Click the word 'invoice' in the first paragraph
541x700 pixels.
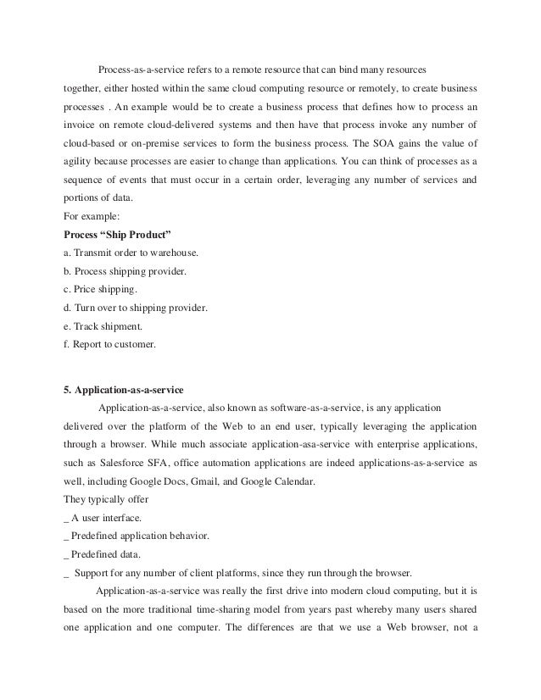point(80,123)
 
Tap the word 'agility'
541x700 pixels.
point(79,159)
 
